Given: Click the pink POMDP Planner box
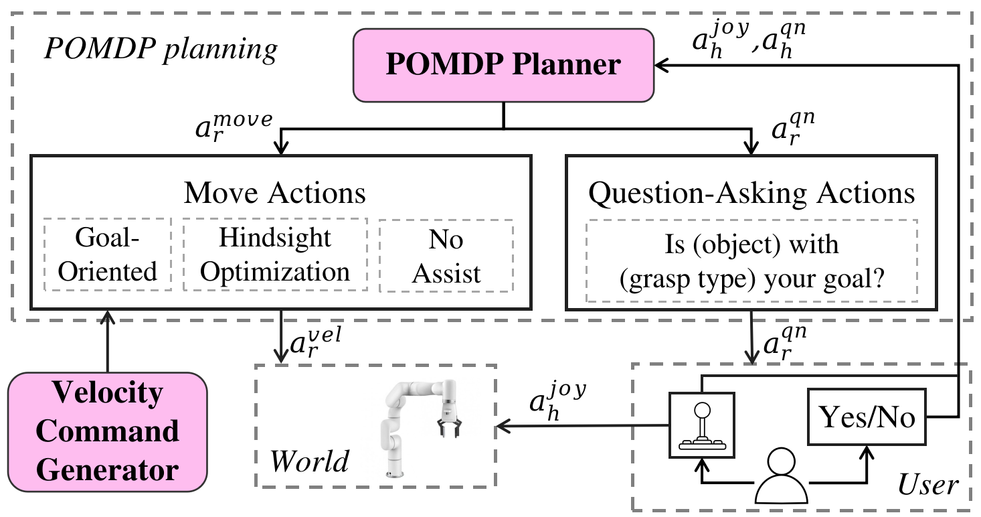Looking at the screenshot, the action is pyautogui.click(x=504, y=65).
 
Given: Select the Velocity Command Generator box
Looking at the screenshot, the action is pyautogui.click(x=107, y=432).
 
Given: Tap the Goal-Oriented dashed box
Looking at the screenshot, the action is pyautogui.click(x=107, y=254).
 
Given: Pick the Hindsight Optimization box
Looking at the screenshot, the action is pyautogui.click(x=275, y=254).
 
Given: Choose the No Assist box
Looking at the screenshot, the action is pyautogui.click(x=446, y=256).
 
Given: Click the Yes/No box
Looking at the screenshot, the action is pyautogui.click(x=867, y=417).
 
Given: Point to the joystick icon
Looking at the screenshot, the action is pyautogui.click(x=702, y=425).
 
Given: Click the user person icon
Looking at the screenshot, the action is pyautogui.click(x=782, y=475).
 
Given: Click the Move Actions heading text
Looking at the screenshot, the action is pyautogui.click(x=274, y=193).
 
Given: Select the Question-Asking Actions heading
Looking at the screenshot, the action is pyautogui.click(x=751, y=194).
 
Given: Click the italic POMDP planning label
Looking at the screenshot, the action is pyautogui.click(x=161, y=49).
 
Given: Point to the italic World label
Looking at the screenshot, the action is pyautogui.click(x=309, y=461).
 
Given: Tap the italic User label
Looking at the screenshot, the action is pyautogui.click(x=928, y=485).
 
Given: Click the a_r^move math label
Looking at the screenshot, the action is pyautogui.click(x=234, y=126).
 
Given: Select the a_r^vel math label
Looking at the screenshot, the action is pyautogui.click(x=316, y=342).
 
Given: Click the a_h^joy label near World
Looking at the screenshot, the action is pyautogui.click(x=557, y=400).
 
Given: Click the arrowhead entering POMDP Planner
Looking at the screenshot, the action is pyautogui.click(x=661, y=66).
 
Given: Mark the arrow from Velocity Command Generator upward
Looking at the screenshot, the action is pyautogui.click(x=107, y=342).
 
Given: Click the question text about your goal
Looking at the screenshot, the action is pyautogui.click(x=751, y=262).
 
